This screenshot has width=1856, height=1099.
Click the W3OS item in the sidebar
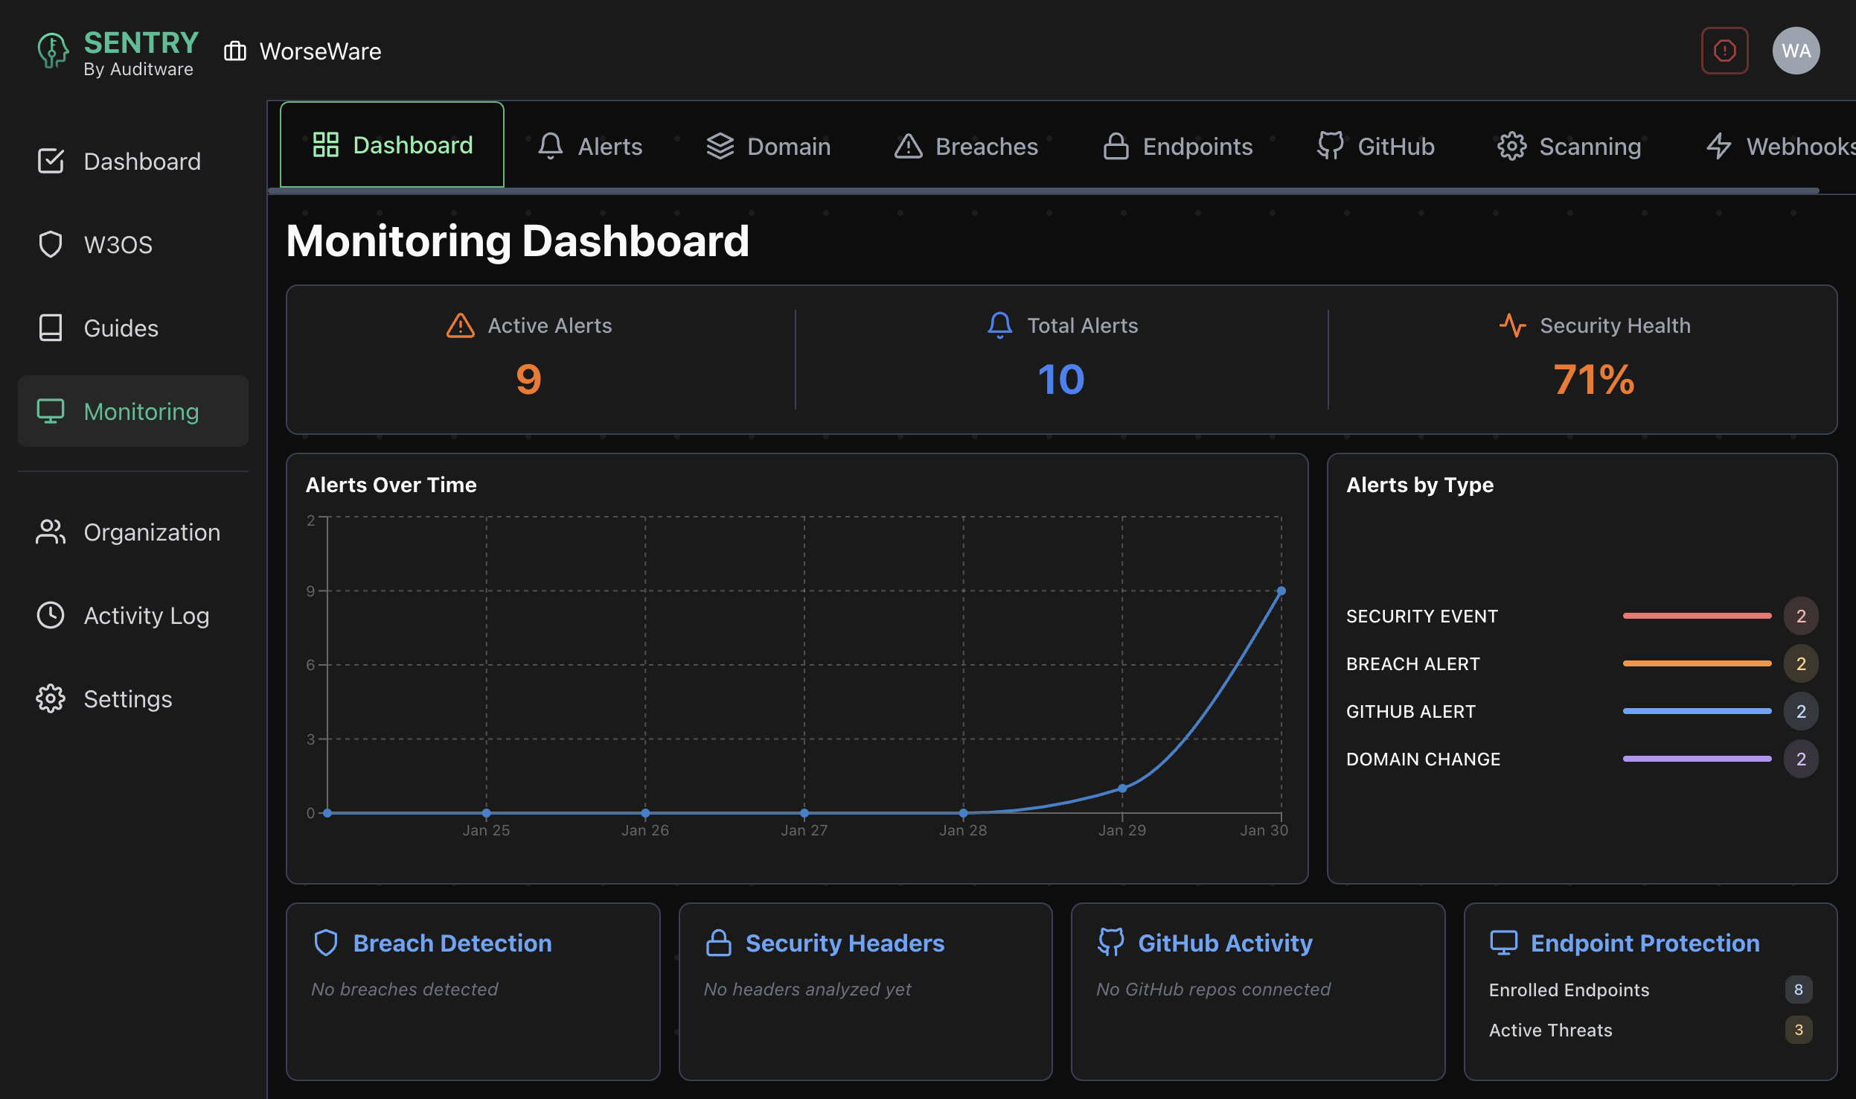click(118, 244)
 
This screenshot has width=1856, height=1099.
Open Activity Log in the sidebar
click(146, 615)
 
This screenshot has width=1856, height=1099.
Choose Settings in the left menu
click(127, 698)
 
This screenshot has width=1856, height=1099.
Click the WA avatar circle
click(1796, 51)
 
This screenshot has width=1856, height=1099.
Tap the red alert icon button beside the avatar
click(1724, 51)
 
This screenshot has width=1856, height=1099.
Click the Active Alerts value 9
click(528, 380)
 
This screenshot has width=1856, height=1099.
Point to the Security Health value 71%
click(1593, 380)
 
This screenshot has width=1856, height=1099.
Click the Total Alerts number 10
click(1060, 380)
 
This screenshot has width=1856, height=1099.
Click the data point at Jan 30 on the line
click(1281, 591)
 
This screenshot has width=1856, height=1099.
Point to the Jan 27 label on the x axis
click(804, 830)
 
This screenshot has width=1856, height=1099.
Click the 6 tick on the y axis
click(311, 665)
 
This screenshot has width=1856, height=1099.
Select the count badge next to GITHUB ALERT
click(1800, 711)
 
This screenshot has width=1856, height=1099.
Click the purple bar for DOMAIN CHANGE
click(1696, 759)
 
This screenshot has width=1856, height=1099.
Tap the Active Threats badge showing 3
click(1798, 1030)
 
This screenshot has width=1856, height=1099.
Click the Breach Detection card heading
click(452, 943)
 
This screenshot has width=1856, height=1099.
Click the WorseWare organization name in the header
click(320, 51)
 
